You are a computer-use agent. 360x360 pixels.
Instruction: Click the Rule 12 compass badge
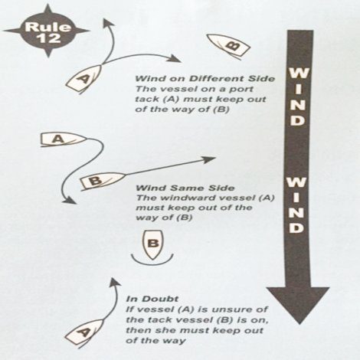tap(47, 31)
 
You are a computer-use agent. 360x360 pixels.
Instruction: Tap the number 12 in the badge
tap(48, 38)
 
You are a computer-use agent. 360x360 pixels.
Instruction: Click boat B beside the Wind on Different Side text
tap(228, 46)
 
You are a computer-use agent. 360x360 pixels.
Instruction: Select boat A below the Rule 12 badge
tap(83, 78)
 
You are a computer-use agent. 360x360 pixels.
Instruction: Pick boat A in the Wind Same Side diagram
tap(62, 139)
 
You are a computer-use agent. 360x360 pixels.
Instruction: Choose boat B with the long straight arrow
tap(102, 181)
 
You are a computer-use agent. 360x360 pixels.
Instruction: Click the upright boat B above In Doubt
tap(152, 244)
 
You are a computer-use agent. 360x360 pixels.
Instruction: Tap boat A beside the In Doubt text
tap(84, 333)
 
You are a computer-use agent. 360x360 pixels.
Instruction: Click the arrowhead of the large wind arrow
tap(298, 305)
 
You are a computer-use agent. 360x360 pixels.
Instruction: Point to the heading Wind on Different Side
tap(205, 78)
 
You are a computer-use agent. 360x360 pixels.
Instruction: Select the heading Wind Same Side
tap(185, 188)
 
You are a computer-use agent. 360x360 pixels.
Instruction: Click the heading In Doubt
tap(152, 299)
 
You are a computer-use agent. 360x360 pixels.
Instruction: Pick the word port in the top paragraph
tap(243, 90)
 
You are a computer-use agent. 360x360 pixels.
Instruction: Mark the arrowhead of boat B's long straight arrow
tap(208, 159)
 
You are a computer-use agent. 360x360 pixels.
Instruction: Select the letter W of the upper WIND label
tap(298, 74)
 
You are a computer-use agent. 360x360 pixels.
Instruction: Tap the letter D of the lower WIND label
tap(296, 227)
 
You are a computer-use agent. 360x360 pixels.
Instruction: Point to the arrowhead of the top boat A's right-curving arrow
tap(175, 59)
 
